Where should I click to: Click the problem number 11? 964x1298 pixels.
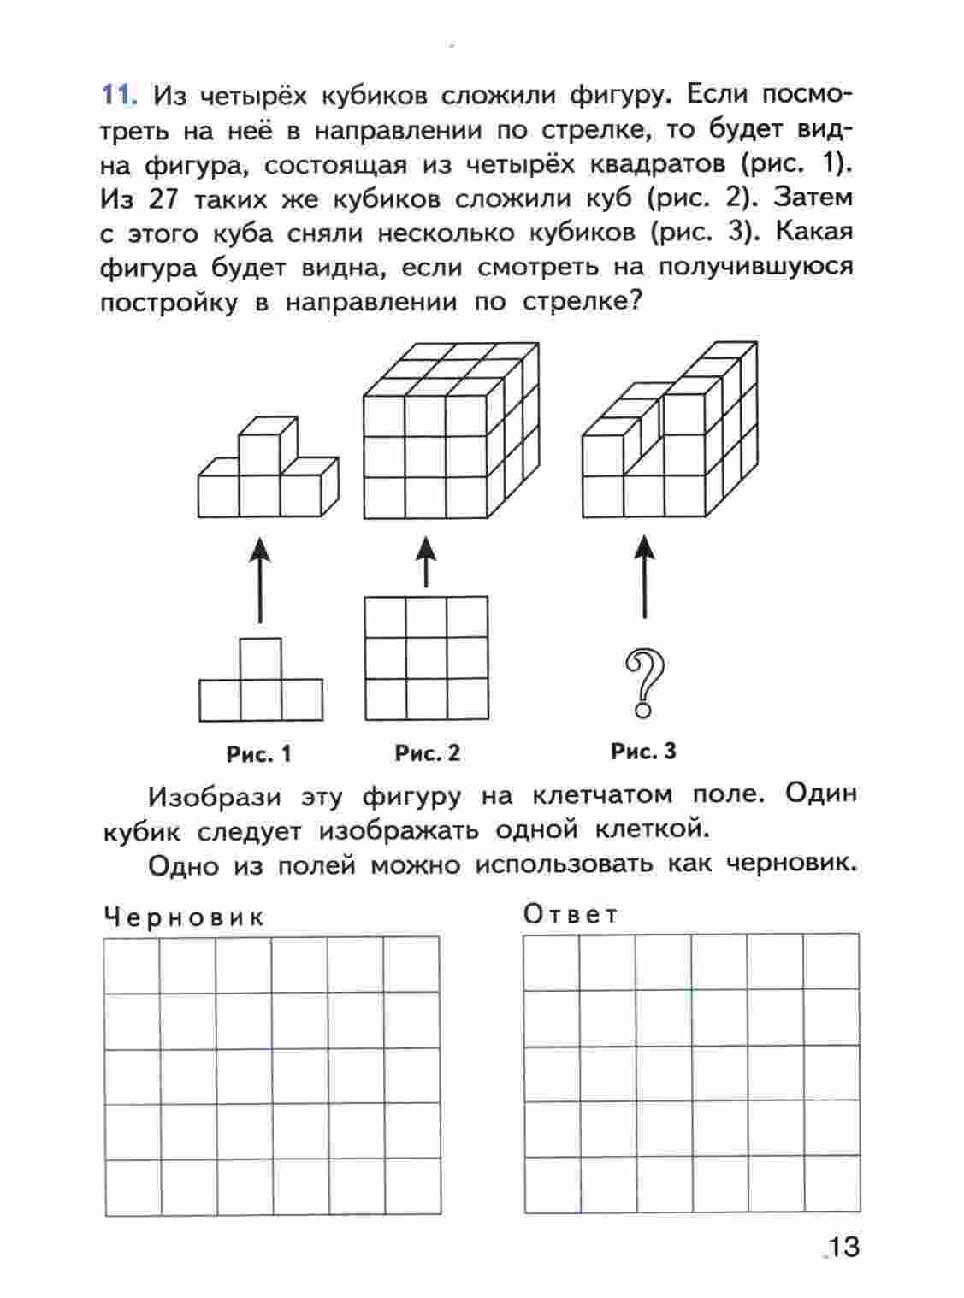(119, 95)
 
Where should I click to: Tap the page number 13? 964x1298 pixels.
(843, 1247)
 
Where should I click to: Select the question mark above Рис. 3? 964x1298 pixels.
(645, 682)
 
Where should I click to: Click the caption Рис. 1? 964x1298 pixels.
(258, 754)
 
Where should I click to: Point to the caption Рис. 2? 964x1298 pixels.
(427, 753)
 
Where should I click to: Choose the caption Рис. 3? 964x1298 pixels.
(643, 752)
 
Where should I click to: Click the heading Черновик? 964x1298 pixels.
(184, 917)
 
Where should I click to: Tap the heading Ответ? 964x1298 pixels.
(571, 915)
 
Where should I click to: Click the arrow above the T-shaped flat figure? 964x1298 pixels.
(260, 579)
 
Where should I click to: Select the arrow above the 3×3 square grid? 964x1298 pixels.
(426, 561)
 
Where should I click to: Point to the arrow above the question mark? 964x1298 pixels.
(644, 575)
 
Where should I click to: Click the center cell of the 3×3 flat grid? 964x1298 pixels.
(426, 658)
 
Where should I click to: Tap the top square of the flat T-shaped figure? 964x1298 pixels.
(260, 658)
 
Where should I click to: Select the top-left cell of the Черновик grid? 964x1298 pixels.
(132, 965)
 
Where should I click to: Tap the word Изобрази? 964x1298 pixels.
(214, 797)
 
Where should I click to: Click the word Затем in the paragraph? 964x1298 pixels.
(813, 198)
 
